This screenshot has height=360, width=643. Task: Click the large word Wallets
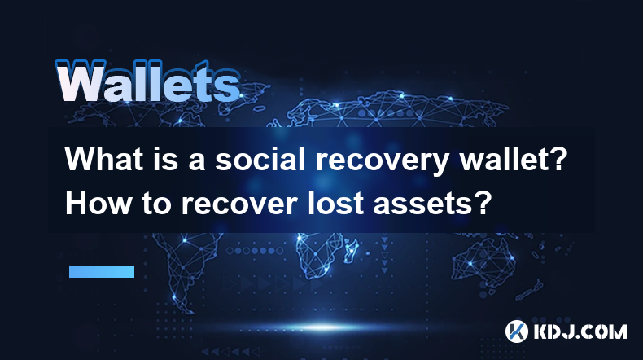pyautogui.click(x=148, y=82)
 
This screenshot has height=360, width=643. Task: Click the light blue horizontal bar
pyautogui.click(x=102, y=271)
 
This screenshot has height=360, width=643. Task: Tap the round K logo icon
pyautogui.click(x=516, y=331)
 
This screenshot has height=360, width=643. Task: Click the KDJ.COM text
pyautogui.click(x=580, y=331)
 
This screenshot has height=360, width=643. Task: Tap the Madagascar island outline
pyautogui.click(x=351, y=251)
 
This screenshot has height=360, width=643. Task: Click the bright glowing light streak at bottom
pyautogui.click(x=324, y=327)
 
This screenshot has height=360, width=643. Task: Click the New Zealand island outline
pyautogui.click(x=529, y=289)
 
